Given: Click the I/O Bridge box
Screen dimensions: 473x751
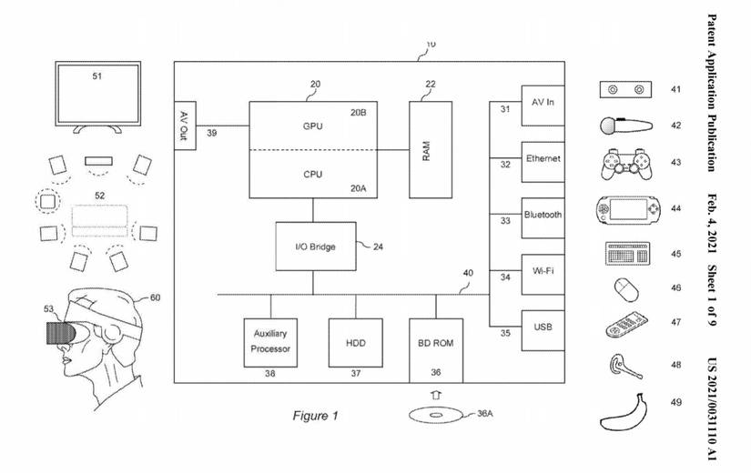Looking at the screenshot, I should click(x=315, y=246).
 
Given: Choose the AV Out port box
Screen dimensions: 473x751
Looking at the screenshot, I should click(x=185, y=126).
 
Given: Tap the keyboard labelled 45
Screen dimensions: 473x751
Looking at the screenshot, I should click(x=628, y=253).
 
